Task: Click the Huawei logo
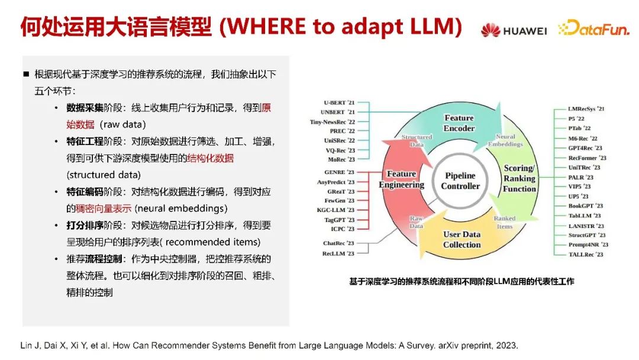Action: pyautogui.click(x=513, y=29)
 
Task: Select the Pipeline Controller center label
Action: pyautogui.click(x=460, y=181)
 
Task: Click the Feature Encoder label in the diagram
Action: pyautogui.click(x=459, y=123)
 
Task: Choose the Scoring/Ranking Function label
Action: pyautogui.click(x=519, y=178)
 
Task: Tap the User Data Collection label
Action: pyautogui.click(x=461, y=239)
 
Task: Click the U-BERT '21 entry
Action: pyautogui.click(x=339, y=102)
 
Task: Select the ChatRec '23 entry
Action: pyautogui.click(x=338, y=243)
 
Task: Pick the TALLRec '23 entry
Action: pyautogui.click(x=586, y=254)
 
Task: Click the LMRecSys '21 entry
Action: pyautogui.click(x=586, y=108)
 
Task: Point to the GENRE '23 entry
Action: pyautogui.click(x=339, y=172)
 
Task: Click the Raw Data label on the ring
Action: pyautogui.click(x=417, y=222)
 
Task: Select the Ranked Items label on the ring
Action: pyautogui.click(x=504, y=222)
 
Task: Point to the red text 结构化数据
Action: pyautogui.click(x=210, y=158)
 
